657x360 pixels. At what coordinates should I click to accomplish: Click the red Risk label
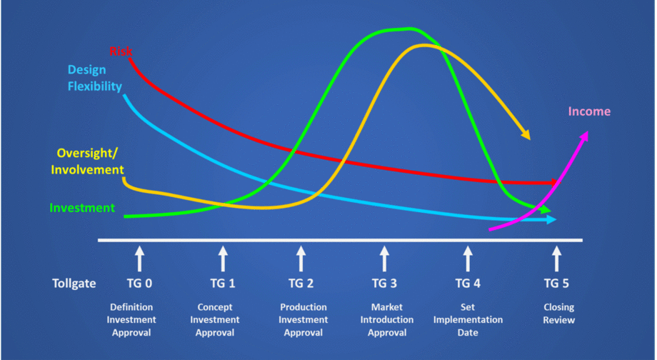click(x=121, y=51)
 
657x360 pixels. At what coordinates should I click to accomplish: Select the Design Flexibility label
click(x=95, y=79)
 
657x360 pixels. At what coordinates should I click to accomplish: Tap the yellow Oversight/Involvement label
click(x=90, y=161)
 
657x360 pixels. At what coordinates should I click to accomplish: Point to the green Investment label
click(x=82, y=208)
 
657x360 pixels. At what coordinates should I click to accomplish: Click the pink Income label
click(x=589, y=111)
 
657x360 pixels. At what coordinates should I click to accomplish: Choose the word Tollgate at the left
click(x=74, y=283)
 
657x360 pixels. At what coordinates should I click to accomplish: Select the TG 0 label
click(x=139, y=283)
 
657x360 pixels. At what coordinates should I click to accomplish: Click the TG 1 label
click(x=223, y=283)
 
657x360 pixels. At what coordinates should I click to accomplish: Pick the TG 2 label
click(x=301, y=283)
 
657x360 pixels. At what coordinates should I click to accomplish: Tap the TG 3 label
click(x=384, y=283)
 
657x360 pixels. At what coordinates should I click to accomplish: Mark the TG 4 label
click(x=468, y=283)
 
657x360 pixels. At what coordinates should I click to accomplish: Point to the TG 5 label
click(x=556, y=283)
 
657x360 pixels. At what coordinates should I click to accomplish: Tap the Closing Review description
click(x=558, y=314)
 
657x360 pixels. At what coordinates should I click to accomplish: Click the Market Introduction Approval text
click(x=386, y=320)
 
